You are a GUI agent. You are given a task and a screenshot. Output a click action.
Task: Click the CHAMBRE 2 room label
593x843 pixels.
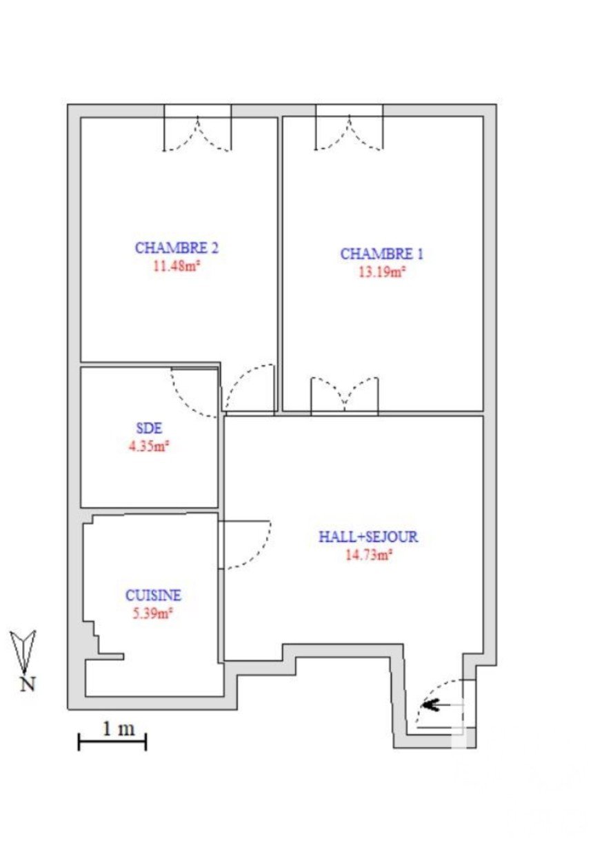(x=177, y=248)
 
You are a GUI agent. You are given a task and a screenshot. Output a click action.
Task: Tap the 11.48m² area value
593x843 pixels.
(x=176, y=266)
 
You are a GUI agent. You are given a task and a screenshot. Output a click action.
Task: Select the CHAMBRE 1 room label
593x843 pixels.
(x=382, y=254)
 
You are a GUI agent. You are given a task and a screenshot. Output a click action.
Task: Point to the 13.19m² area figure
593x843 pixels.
(x=382, y=272)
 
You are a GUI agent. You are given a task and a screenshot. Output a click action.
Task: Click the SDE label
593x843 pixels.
(x=149, y=428)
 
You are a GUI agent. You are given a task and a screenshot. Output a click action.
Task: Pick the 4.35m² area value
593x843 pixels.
(x=148, y=446)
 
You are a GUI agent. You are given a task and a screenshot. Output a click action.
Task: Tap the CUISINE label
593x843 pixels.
(x=153, y=595)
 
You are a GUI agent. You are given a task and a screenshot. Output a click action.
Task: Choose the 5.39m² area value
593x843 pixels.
(x=152, y=613)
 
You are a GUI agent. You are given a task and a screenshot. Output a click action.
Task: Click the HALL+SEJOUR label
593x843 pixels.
(x=368, y=536)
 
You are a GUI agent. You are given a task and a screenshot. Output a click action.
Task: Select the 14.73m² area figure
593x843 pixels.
(x=369, y=555)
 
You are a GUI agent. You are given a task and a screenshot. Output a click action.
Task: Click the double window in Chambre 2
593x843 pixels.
(x=197, y=129)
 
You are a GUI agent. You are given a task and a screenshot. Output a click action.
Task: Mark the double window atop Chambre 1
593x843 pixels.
(x=349, y=128)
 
